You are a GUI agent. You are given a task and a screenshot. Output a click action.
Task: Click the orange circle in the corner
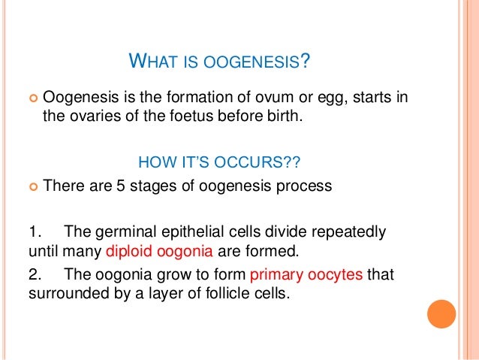(x=441, y=314)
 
